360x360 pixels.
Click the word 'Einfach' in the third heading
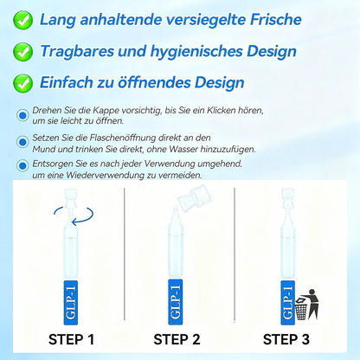tap(68, 84)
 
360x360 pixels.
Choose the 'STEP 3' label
tap(292, 338)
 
